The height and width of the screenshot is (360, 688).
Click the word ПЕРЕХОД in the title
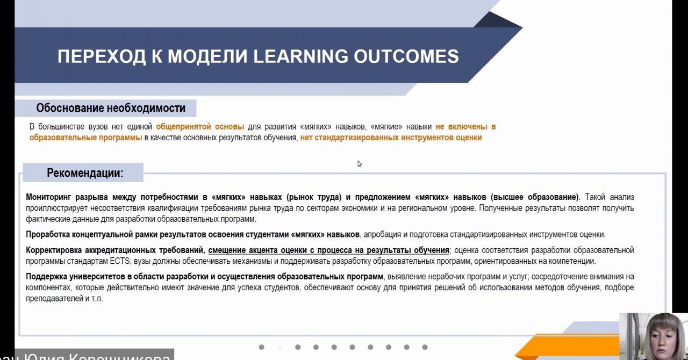[102, 56]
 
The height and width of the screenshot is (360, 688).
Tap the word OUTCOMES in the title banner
[406, 56]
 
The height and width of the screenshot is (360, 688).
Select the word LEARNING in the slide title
[300, 56]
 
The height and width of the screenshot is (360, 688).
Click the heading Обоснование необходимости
[111, 108]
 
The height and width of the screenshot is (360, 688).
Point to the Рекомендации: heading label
[85, 173]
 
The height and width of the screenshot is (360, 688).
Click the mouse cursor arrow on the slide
[360, 164]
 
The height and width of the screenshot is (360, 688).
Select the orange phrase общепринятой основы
[200, 127]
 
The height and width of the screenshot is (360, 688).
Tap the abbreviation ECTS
[120, 261]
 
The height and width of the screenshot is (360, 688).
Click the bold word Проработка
[47, 235]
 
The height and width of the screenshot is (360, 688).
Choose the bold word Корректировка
[53, 250]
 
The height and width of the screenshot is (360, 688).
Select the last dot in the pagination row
[425, 347]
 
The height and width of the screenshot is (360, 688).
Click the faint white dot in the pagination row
[279, 347]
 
